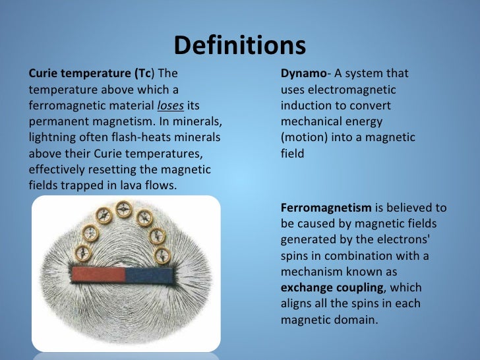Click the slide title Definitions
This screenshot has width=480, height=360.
coord(240,45)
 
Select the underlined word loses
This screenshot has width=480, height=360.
coord(170,105)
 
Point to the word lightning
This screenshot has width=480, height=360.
coord(54,137)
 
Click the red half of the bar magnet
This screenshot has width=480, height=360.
coord(98,274)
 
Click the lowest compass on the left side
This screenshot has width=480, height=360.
coord(82,253)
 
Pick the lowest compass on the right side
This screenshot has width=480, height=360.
coord(162,255)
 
